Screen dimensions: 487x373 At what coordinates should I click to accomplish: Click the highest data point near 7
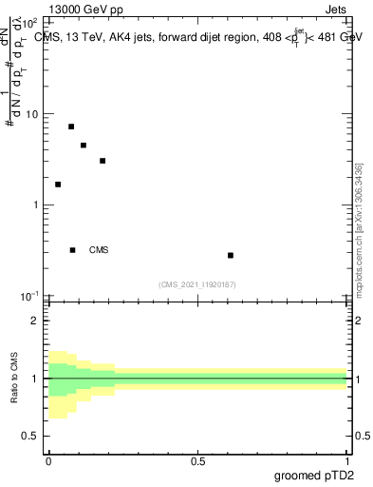(x=71, y=127)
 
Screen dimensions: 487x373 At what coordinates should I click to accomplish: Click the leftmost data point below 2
(x=58, y=185)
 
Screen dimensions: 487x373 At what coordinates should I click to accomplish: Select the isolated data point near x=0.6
(x=231, y=255)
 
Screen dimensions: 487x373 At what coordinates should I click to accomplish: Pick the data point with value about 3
(x=103, y=161)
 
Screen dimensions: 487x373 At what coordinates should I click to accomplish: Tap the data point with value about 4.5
(x=84, y=146)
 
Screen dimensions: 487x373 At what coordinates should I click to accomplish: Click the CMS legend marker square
(x=73, y=250)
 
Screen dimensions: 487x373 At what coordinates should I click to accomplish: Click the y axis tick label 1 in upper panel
(x=36, y=205)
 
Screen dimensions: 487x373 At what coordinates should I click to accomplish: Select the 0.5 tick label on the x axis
(x=197, y=462)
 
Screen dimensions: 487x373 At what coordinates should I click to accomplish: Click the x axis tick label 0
(x=48, y=462)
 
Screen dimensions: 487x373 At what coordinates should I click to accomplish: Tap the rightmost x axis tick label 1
(x=348, y=462)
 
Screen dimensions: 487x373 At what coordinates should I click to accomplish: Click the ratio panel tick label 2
(x=36, y=321)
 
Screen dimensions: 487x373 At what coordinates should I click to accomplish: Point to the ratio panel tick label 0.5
(x=31, y=437)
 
